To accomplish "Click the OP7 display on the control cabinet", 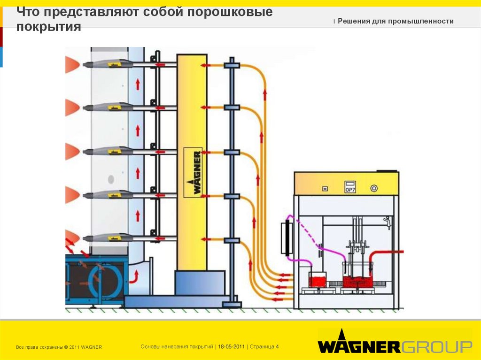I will click(350, 187).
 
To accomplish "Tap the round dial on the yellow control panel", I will click(374, 188).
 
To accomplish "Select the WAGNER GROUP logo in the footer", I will click(395, 346).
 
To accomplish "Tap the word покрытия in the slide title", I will click(48, 27).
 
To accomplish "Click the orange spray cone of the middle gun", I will click(72, 151).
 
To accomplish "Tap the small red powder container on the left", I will click(317, 280).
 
